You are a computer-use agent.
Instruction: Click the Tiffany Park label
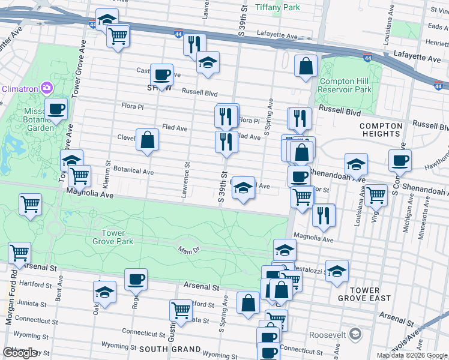277,7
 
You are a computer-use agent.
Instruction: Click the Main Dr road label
187,250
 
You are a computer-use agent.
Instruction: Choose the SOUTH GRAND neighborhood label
169,349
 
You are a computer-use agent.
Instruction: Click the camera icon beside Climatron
47,89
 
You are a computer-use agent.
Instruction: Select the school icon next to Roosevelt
355,334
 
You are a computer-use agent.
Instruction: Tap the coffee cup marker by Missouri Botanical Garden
56,109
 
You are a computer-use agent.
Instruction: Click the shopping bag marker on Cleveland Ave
147,140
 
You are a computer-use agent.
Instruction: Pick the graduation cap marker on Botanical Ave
243,188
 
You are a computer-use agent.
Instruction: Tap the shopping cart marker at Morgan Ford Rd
19,253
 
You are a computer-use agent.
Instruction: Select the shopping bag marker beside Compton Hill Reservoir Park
306,67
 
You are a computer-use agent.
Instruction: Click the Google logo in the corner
20,353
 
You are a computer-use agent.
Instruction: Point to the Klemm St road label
108,172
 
